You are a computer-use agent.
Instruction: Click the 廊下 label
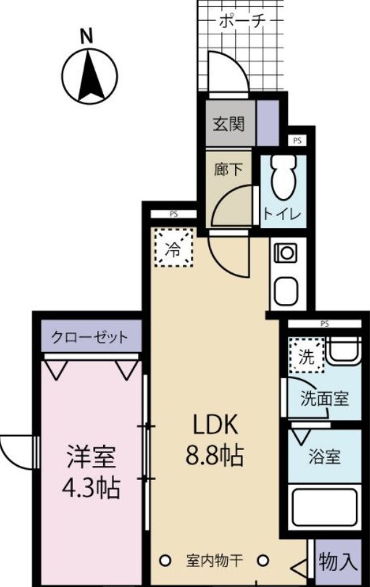pos(228,170)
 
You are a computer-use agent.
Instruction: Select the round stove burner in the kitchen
pos(287,253)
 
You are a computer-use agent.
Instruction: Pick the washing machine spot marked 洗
pos(306,355)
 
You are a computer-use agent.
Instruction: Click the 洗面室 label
pos(323,398)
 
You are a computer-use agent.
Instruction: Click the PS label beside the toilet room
pos(297,141)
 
